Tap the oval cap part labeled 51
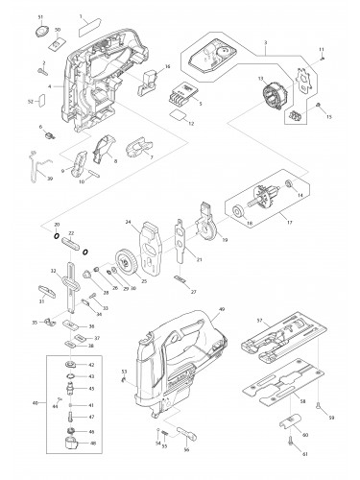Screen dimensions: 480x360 pos(41,33)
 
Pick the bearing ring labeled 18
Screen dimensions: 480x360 pos(234,211)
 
